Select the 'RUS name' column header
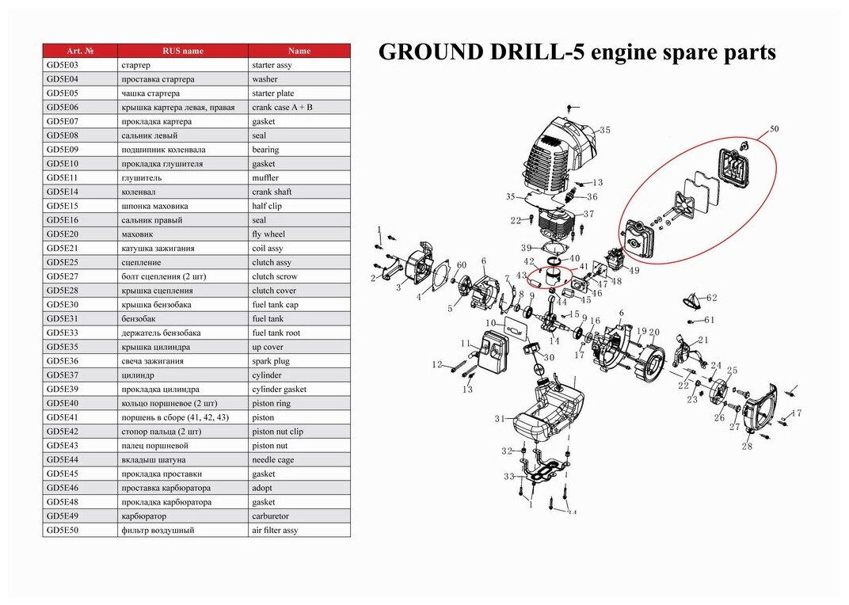click(182, 51)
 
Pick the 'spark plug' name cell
click(271, 361)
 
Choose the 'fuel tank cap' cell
click(275, 305)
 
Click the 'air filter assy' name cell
click(275, 531)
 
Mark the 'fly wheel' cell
click(268, 234)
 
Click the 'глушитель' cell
click(143, 178)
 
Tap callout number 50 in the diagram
click(774, 128)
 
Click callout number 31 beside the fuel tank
click(499, 419)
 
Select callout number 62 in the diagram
click(711, 298)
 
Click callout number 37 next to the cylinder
click(588, 215)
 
